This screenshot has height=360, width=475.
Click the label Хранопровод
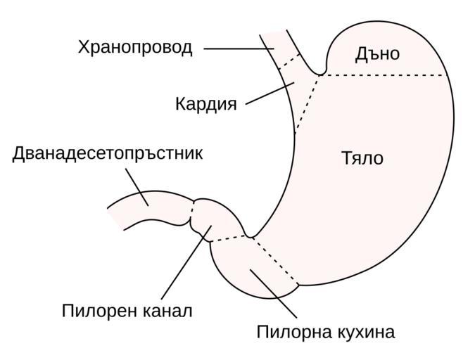pyautogui.click(x=134, y=48)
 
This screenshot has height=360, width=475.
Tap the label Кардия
pyautogui.click(x=205, y=104)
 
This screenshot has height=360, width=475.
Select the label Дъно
pyautogui.click(x=377, y=54)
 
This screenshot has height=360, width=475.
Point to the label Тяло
pyautogui.click(x=362, y=158)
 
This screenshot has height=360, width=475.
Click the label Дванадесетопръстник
pyautogui.click(x=108, y=153)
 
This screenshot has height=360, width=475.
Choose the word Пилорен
pyautogui.click(x=100, y=310)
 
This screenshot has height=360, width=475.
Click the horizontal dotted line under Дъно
pyautogui.click(x=384, y=75)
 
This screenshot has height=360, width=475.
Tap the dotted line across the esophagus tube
pyautogui.click(x=288, y=60)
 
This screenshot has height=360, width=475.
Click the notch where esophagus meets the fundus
pyautogui.click(x=321, y=72)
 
